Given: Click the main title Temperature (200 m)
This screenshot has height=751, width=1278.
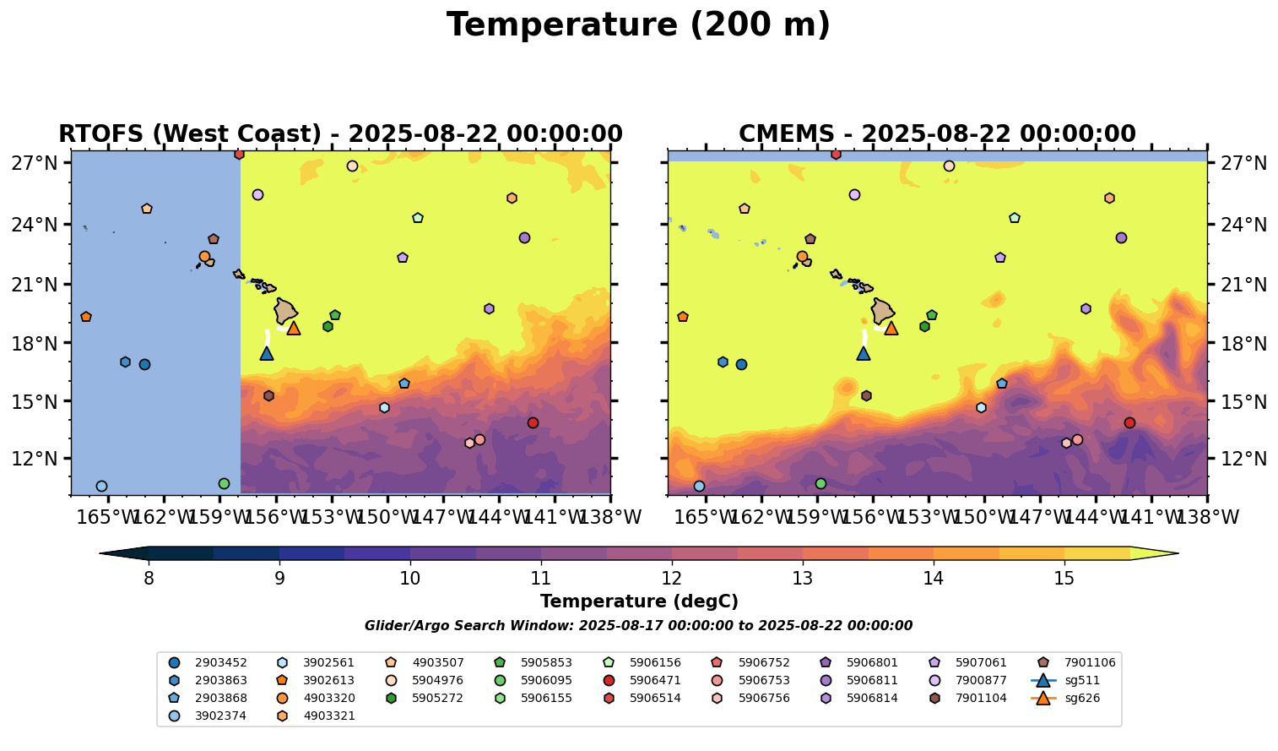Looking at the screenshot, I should (x=638, y=25).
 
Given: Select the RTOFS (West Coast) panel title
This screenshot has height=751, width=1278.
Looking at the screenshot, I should (x=340, y=134).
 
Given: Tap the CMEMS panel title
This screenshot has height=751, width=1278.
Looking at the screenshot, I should (x=937, y=134).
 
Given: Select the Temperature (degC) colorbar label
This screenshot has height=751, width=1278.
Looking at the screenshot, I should (x=639, y=601).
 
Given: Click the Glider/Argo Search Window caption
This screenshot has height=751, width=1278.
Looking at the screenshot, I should (x=638, y=626).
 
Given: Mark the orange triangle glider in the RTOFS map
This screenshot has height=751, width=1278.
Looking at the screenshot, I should (x=294, y=328).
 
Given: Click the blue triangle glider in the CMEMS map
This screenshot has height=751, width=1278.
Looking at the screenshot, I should (x=863, y=353).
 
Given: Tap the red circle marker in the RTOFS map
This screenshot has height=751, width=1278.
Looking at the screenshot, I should (x=533, y=422).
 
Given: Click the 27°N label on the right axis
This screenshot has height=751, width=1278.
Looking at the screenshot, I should (x=1245, y=163).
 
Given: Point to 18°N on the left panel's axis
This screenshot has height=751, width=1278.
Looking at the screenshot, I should (x=35, y=343).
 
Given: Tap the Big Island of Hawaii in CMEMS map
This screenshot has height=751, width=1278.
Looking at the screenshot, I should (x=883, y=311).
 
